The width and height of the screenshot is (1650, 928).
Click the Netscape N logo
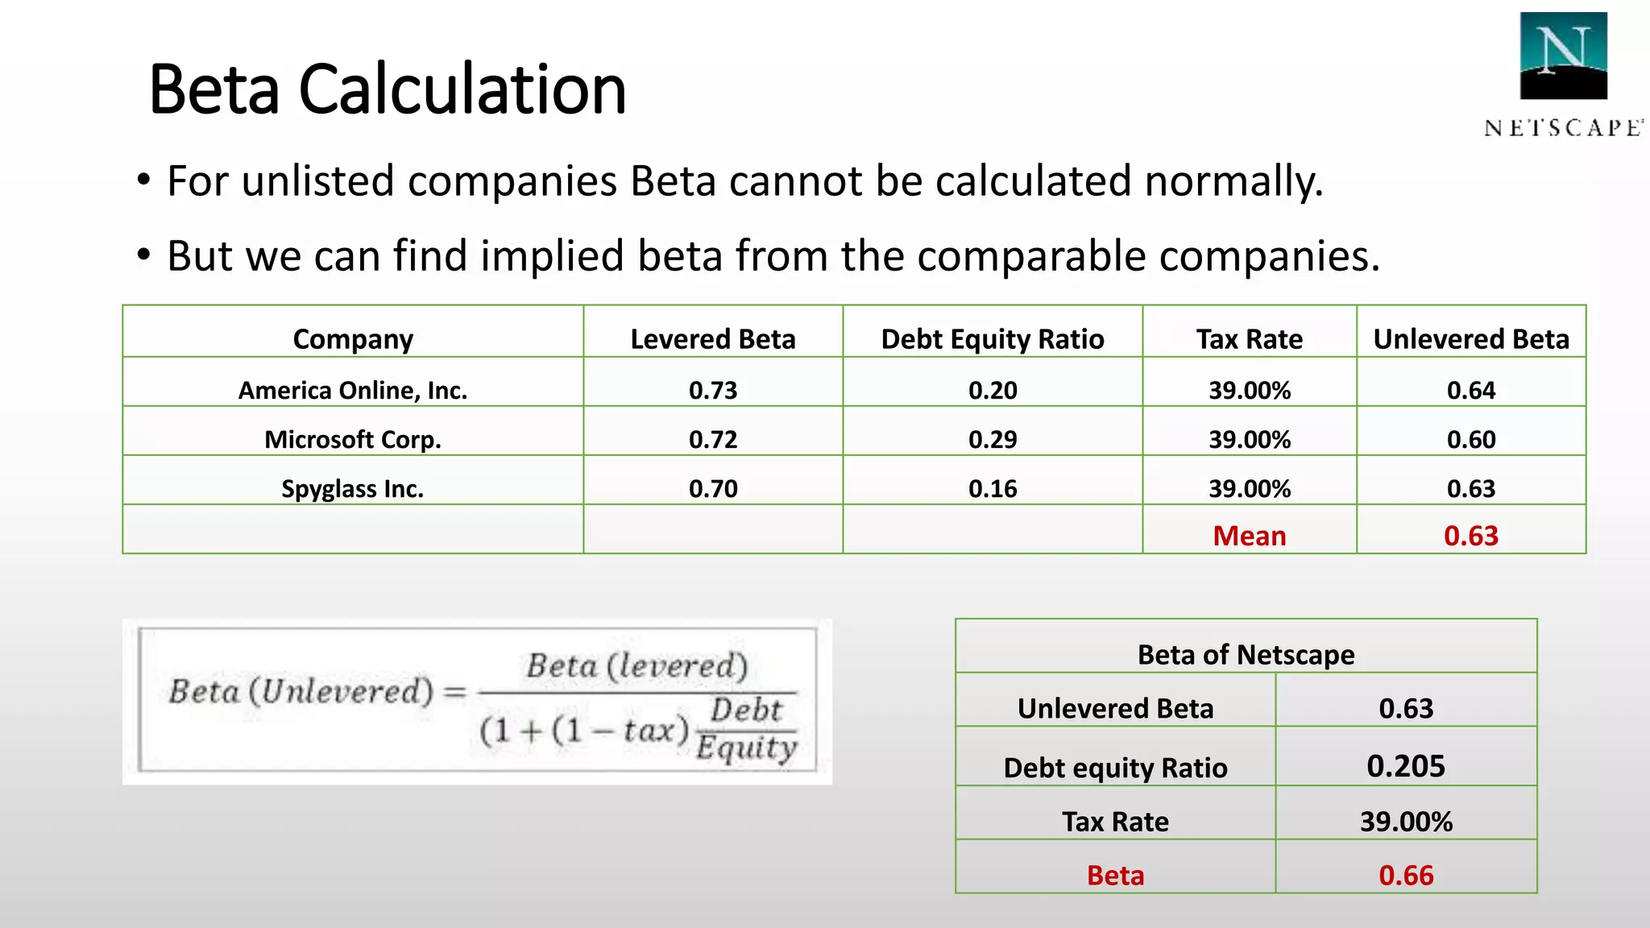(1563, 55)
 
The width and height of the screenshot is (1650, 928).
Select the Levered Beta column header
(713, 339)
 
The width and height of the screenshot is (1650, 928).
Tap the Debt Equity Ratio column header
(993, 339)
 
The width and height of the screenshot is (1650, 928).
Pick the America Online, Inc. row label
(353, 390)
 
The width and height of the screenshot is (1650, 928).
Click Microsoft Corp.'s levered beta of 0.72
(713, 439)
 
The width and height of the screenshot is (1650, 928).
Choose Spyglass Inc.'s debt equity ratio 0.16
(993, 488)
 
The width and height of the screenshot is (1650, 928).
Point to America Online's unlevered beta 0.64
(1471, 390)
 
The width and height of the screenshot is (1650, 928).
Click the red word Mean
(1250, 536)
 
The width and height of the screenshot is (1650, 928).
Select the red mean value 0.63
(1471, 536)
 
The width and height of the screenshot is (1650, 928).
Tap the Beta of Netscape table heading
(1246, 654)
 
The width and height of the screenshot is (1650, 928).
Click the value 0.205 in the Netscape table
(1406, 765)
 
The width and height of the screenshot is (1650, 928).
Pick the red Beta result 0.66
(1406, 875)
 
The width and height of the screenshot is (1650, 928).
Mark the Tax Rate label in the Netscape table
(1115, 822)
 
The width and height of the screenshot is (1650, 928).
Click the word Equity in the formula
(746, 748)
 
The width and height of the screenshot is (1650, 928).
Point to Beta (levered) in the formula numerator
(637, 666)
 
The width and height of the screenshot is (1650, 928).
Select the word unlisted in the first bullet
(318, 180)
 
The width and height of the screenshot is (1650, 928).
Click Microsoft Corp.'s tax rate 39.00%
(1250, 439)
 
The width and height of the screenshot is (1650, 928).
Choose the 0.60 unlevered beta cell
(1471, 439)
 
